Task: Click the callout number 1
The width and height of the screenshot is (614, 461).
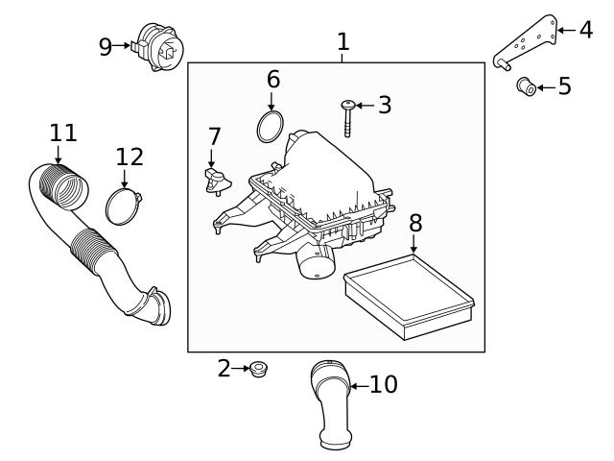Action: tap(342, 41)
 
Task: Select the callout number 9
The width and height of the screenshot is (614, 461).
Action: tap(106, 46)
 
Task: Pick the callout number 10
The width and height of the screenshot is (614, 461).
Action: tap(383, 385)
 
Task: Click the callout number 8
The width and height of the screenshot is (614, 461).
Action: tap(414, 223)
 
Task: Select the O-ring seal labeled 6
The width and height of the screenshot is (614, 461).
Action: tap(272, 125)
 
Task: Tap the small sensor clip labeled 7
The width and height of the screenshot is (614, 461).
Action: tap(214, 179)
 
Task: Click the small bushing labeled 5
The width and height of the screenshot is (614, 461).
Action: tap(526, 86)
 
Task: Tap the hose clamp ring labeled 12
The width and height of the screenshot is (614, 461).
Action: tap(125, 206)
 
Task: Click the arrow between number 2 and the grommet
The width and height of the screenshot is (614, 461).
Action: tap(241, 368)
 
